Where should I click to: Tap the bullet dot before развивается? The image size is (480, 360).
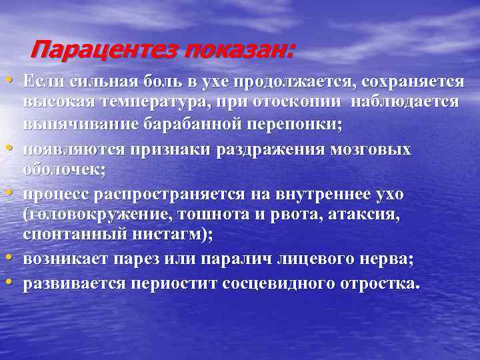(x=14, y=282)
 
